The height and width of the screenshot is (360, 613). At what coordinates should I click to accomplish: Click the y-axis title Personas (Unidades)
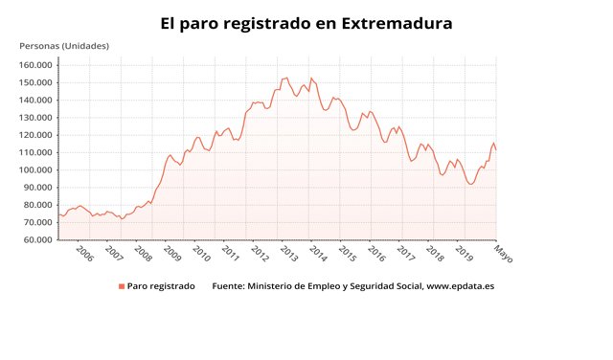pos(64,46)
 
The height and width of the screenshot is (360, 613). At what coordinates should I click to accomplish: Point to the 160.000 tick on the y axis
pos(35,65)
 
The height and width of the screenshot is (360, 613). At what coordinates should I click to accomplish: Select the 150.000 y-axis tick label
pos(35,82)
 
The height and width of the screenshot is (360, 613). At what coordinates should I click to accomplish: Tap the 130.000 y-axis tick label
pos(35,118)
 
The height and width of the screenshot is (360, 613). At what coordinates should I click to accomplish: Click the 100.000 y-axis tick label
pos(35,169)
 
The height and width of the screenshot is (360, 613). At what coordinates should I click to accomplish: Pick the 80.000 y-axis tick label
pos(37,205)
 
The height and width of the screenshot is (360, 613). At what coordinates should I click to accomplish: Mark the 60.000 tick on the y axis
pos(37,239)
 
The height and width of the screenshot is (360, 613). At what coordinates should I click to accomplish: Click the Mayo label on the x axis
pos(503,253)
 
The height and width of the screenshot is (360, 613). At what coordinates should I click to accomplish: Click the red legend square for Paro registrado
pos(122,286)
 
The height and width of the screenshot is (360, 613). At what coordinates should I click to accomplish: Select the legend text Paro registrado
pos(161,286)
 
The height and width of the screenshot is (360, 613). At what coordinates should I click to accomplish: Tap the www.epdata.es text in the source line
pos(460,286)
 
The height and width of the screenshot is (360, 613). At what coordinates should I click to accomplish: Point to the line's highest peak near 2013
pos(286,78)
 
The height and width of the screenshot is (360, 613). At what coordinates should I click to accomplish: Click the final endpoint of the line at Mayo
pos(496,150)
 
